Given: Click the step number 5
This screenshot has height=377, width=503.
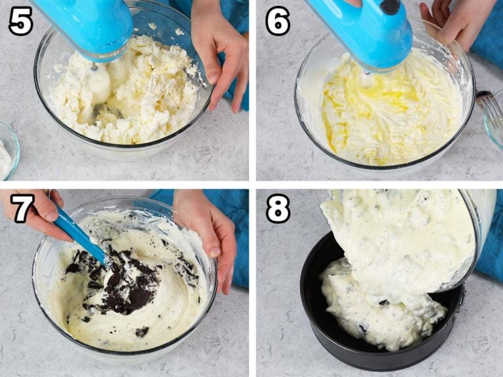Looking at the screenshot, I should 20,21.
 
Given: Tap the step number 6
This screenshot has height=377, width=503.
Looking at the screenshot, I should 278,21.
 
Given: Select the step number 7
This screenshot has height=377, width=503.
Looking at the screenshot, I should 22,208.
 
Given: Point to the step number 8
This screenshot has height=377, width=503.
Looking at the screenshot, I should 278,208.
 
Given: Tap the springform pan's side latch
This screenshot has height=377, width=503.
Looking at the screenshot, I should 462,295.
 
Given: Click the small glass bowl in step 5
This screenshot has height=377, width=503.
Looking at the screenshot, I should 8,151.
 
